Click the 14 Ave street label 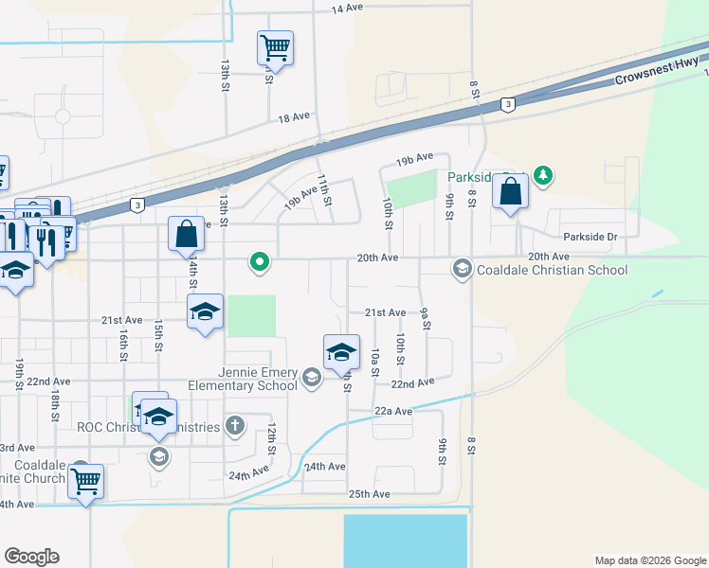(348, 8)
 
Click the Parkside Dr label (590, 237)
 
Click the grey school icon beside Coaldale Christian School (462, 270)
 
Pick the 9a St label (426, 318)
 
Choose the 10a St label (375, 361)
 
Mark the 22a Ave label (393, 411)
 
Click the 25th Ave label (369, 494)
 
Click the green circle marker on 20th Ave (258, 261)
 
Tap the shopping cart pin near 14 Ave (275, 46)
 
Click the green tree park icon (542, 175)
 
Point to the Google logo (31, 557)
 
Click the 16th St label (123, 346)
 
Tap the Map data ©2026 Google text (649, 560)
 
